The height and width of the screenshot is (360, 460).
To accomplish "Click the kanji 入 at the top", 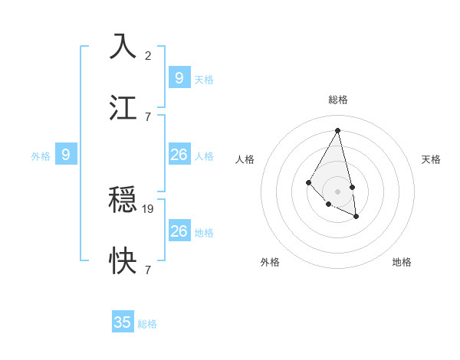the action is (x=123, y=46).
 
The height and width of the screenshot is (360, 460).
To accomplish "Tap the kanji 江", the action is (x=123, y=107).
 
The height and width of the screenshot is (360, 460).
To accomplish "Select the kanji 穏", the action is (x=123, y=199).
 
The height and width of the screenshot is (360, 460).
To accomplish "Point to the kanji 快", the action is (x=123, y=261).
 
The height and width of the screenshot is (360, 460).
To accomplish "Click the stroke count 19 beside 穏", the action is (x=149, y=208).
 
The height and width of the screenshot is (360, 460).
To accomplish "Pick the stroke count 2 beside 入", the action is (x=147, y=55).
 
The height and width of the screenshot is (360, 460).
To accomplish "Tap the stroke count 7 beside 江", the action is (x=147, y=116).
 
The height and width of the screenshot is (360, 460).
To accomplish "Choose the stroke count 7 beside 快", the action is (x=147, y=270).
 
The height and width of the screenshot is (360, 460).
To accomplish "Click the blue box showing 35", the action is (x=123, y=322).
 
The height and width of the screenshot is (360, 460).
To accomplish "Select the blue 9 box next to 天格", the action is (x=179, y=78).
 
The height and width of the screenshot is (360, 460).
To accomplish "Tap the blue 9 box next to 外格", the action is (x=66, y=155).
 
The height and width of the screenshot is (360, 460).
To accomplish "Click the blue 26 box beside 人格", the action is (x=179, y=155).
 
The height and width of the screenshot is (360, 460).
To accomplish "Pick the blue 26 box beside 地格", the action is (x=179, y=231).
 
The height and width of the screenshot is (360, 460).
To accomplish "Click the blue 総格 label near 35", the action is (x=147, y=324).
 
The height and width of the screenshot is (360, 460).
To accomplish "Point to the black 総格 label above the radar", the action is (x=337, y=100).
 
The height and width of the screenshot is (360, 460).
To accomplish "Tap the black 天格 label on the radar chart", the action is (x=431, y=159).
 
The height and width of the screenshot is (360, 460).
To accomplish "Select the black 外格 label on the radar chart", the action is (x=270, y=262).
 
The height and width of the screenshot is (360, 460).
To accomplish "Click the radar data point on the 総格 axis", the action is (x=337, y=130).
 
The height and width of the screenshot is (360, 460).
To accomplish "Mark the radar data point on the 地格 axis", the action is (x=356, y=217).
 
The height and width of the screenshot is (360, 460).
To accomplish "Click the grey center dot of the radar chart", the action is (x=337, y=191).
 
